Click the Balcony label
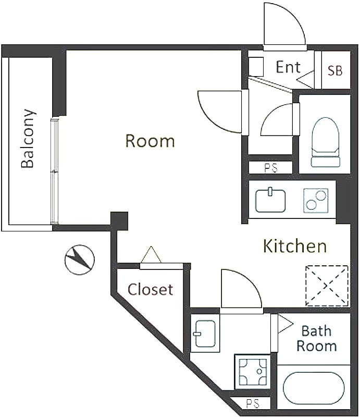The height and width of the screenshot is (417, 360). coord(28,138)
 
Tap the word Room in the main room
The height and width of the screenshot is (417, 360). coord(150,141)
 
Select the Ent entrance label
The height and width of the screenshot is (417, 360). coord(288,67)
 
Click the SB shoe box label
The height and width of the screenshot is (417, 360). coord(335,71)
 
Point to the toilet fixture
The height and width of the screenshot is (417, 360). coord(326,142)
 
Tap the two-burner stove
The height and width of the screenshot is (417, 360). coord(316,201)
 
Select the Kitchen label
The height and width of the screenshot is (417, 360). coord(294,246)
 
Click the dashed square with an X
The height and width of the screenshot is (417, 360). coord(327,286)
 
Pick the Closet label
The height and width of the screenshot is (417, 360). coord(150,289)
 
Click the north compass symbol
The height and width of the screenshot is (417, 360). coord(80,260)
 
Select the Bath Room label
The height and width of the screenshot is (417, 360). coord(316,338)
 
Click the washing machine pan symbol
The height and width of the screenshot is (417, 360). coord(253,371)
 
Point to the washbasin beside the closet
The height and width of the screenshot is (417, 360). coord(205,334)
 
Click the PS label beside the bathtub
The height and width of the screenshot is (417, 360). coord(253,403)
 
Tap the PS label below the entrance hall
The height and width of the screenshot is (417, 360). coord(271,168)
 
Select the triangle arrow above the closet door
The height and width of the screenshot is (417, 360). coord(151,254)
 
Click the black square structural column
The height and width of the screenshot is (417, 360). coord(119,220)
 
